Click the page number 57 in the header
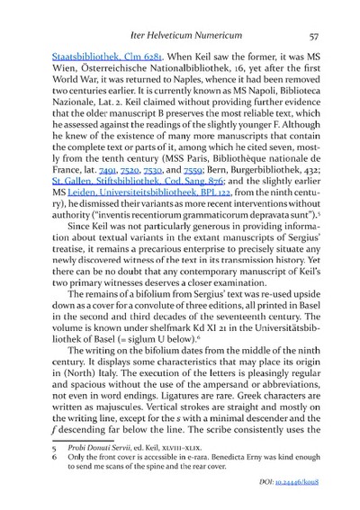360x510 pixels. pyautogui.click(x=315, y=35)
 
